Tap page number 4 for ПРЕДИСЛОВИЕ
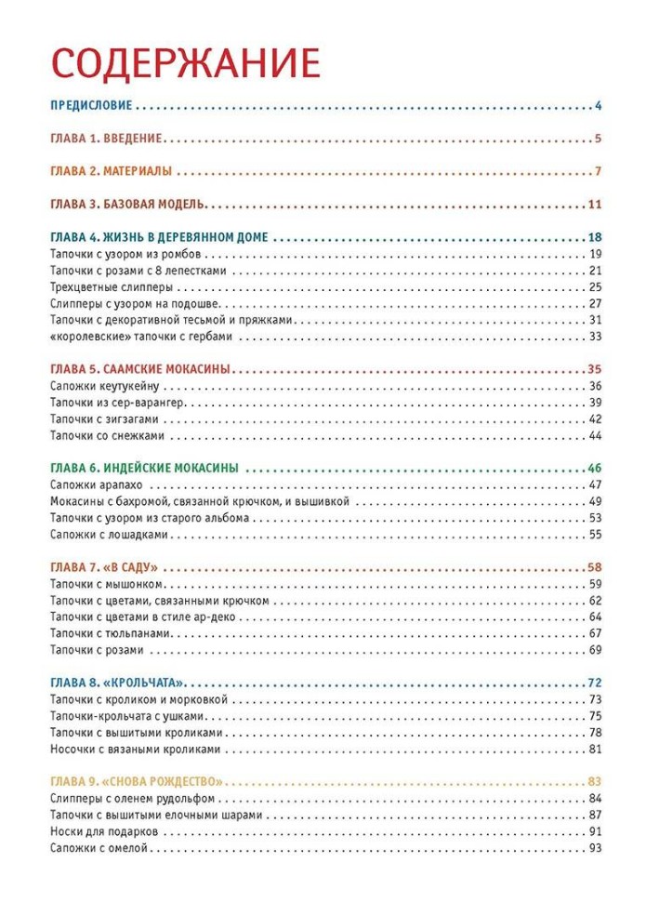click(600, 106)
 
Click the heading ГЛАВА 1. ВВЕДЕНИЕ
click(106, 139)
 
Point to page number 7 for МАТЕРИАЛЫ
click(600, 172)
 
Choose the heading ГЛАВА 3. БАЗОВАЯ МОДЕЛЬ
click(128, 205)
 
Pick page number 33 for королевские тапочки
click(596, 337)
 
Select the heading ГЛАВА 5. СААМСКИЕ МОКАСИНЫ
click(139, 369)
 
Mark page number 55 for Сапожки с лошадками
click(596, 535)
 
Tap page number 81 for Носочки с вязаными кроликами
click(596, 749)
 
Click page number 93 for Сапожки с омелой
click(596, 848)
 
